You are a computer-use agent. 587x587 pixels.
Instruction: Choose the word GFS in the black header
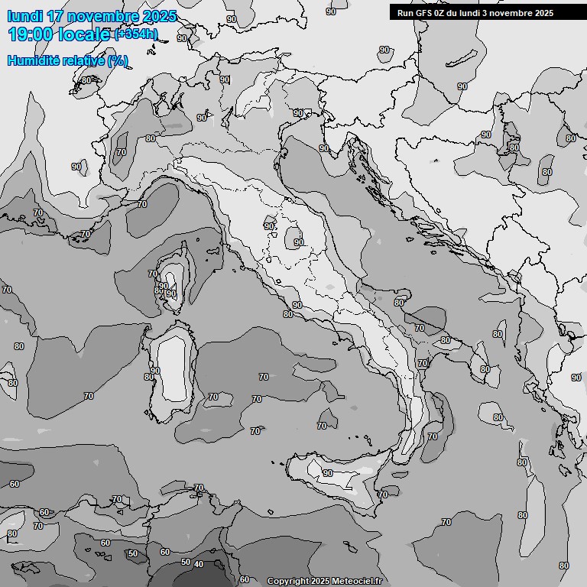point(423,13)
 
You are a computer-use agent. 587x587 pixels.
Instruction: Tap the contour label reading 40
point(199,564)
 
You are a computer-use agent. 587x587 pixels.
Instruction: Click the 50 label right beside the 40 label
point(185,562)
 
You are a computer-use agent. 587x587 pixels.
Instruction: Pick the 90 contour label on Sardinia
point(155,371)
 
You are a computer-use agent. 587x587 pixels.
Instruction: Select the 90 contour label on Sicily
point(327,473)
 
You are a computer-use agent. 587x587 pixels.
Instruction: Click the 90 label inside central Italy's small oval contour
point(298,242)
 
